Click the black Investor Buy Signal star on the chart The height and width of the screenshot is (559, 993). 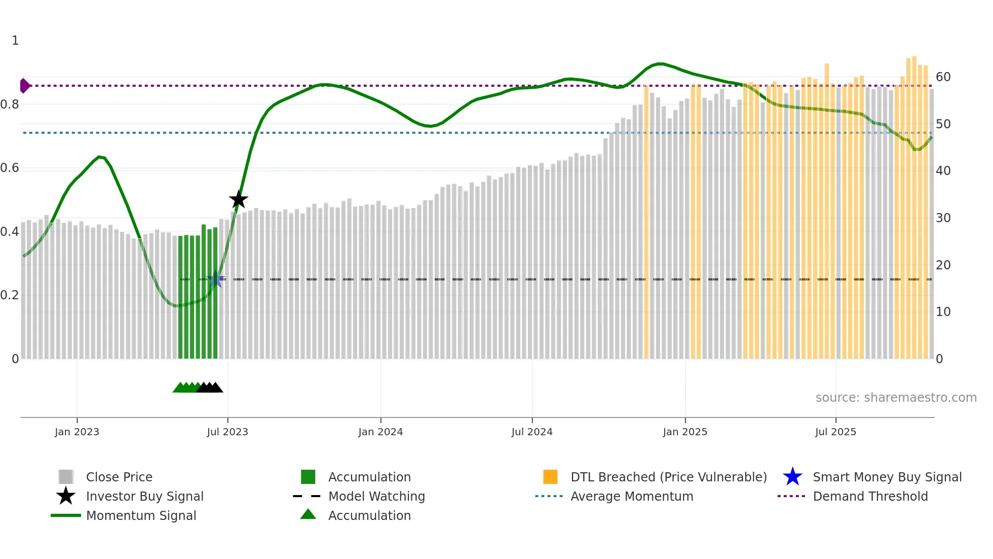(238, 199)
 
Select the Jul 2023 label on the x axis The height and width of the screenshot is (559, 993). (227, 432)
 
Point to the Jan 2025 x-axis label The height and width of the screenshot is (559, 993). (685, 432)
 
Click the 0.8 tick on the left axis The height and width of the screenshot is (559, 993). (10, 104)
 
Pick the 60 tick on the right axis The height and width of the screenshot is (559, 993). (943, 77)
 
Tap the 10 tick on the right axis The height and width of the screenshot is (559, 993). (943, 312)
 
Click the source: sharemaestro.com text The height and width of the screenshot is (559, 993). (896, 398)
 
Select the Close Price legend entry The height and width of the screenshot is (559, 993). (119, 477)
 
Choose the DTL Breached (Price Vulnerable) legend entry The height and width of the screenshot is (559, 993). (668, 477)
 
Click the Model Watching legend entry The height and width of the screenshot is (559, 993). (376, 496)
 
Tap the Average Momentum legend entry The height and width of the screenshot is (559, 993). (632, 496)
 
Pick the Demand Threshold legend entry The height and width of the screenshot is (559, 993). (870, 496)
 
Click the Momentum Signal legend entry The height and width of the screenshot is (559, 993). (141, 515)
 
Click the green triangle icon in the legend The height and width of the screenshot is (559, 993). (308, 514)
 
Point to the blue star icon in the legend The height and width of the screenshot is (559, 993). (792, 477)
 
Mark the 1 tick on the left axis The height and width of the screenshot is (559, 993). (15, 41)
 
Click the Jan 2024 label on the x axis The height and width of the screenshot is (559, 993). (380, 432)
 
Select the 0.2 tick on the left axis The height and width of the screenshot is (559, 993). (10, 295)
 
